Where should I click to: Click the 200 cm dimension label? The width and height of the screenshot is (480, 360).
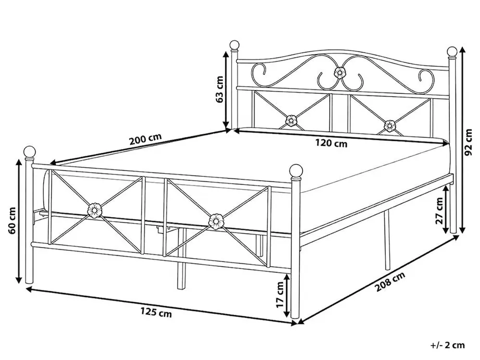pos(146,140)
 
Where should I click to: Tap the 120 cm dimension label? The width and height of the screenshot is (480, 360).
pos(331,143)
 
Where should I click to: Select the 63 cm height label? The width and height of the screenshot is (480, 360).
pos(220,89)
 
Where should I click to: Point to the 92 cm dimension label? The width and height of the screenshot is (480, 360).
pos(468,142)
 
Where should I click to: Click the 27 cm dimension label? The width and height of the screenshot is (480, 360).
pos(439,211)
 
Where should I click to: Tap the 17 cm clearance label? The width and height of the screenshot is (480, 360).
pos(280,295)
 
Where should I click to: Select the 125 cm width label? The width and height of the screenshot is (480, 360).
pos(156,313)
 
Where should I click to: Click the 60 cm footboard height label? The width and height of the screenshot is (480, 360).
pos(12,221)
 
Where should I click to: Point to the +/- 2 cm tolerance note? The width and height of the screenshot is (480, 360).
pos(447,345)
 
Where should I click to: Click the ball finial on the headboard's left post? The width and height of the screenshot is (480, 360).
pos(234,45)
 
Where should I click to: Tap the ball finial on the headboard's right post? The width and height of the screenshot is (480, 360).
pos(452,52)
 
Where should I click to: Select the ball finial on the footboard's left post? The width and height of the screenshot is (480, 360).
pos(29,152)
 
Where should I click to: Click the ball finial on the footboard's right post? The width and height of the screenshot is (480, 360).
pos(295,171)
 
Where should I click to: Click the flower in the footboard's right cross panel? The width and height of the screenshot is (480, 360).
pos(216,222)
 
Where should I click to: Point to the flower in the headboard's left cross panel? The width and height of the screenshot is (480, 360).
pos(291,120)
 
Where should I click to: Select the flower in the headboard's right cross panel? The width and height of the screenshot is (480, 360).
pos(390,125)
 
